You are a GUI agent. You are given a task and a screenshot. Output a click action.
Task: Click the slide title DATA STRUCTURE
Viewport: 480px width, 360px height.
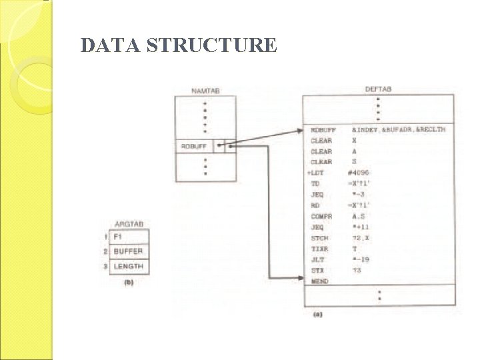click(178, 45)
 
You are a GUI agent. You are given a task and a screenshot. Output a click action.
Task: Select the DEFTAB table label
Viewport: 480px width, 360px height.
click(378, 89)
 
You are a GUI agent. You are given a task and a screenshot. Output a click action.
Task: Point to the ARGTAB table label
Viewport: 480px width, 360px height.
click(129, 224)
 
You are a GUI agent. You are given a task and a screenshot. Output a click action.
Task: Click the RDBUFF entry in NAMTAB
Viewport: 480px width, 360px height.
click(194, 146)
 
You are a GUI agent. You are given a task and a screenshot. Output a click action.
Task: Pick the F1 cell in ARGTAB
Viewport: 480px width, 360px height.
click(119, 237)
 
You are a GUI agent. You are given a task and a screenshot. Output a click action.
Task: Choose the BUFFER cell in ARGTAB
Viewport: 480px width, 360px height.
click(128, 251)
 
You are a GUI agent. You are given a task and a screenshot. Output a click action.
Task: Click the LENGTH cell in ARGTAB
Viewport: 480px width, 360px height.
click(128, 267)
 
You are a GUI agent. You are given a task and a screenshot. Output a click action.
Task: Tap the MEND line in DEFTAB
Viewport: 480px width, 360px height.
click(319, 282)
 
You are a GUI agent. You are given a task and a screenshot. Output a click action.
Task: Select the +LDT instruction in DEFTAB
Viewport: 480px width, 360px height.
click(317, 173)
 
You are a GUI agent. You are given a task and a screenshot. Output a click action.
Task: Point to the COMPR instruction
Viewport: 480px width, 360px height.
click(321, 216)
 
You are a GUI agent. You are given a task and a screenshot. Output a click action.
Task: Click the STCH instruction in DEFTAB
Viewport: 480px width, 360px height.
click(320, 238)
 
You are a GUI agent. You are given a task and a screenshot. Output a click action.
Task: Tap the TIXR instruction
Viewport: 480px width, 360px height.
click(320, 249)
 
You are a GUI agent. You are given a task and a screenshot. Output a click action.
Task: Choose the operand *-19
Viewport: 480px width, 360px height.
click(362, 260)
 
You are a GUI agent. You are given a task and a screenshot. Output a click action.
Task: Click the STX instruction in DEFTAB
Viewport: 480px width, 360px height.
click(318, 271)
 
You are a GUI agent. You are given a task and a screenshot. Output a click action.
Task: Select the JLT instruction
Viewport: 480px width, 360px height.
click(318, 260)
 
